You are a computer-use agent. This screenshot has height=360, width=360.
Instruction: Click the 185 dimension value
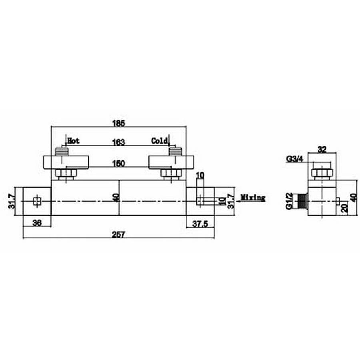pos(119,124)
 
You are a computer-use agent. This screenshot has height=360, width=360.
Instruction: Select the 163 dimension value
pos(119,142)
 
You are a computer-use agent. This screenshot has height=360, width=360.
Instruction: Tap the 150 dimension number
pos(119,164)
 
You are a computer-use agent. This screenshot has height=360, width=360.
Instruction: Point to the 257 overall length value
pos(118,235)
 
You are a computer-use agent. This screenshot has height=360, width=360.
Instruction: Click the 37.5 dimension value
pos(200,224)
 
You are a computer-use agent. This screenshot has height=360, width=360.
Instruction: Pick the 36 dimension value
pos(37,223)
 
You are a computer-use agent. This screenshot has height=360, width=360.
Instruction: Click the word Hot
pos(74,141)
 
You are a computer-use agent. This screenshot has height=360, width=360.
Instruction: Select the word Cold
pos(160,141)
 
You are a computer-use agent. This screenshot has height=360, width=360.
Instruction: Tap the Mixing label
pos(253,198)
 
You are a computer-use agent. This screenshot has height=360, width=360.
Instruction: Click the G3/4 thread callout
pos(294,159)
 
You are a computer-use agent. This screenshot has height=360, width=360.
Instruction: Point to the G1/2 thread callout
pos(289,201)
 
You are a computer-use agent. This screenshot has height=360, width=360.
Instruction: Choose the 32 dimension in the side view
pos(322,150)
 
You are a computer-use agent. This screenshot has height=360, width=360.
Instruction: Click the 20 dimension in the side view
pos(345,208)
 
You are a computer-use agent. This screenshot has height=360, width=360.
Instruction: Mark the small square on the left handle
pos(37,201)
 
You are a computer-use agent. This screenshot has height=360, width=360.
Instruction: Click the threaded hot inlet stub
pos(62,152)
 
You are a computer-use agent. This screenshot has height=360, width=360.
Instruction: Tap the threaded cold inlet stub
pos(176,152)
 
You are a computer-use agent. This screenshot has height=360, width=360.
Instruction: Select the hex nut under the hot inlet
pos(66,174)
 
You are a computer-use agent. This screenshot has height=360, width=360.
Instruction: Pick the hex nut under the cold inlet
pos(171,174)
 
